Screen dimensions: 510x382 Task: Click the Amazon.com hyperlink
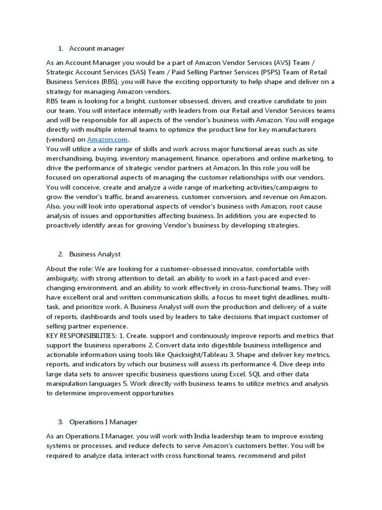click(x=107, y=139)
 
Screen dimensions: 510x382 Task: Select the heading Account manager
click(x=96, y=48)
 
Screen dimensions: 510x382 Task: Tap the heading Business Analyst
click(x=95, y=254)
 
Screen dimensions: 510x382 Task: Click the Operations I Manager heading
click(x=103, y=422)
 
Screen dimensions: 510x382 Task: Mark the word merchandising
click(x=68, y=158)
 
